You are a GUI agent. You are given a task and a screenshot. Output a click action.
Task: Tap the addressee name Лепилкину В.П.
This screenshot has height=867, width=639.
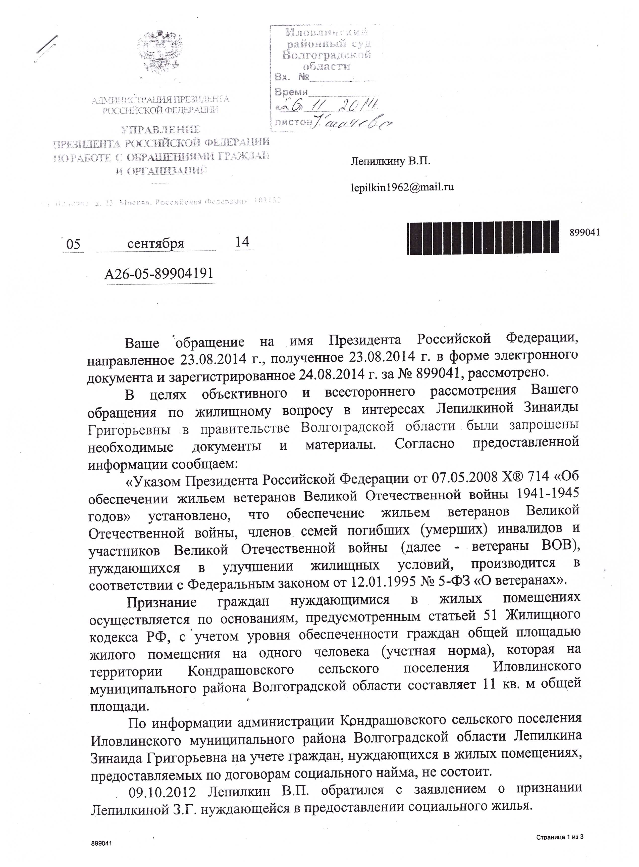390,161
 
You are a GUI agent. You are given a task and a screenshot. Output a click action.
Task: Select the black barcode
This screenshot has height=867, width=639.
483,237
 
